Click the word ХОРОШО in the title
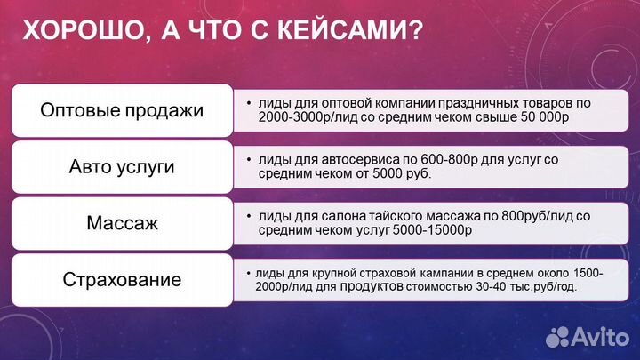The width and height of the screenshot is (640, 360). [78, 34]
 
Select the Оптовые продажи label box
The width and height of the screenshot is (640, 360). [122, 111]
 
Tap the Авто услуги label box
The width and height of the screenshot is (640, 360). [122, 166]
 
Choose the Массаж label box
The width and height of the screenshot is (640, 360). [122, 222]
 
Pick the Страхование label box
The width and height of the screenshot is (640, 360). [122, 279]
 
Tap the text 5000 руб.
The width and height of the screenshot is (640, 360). [400, 173]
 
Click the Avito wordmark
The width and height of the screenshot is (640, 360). [602, 336]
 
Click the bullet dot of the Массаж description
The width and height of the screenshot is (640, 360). [248, 215]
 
